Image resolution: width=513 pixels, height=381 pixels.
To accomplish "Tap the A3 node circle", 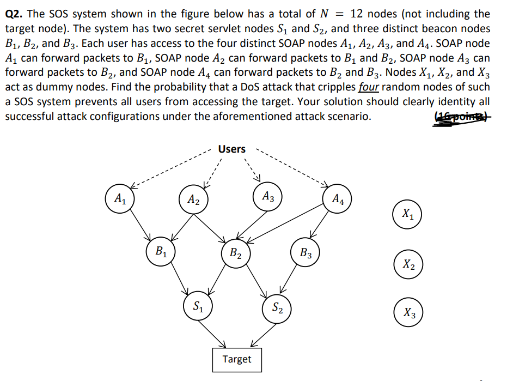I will click(x=267, y=196).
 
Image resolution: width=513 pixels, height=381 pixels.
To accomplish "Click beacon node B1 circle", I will click(x=161, y=252).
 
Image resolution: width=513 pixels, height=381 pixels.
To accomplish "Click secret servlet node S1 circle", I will click(x=198, y=305).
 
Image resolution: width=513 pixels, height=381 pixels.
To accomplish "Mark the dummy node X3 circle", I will click(x=409, y=312).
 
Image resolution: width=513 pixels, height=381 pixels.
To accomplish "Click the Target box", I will click(x=237, y=359).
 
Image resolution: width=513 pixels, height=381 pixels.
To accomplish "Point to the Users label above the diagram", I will click(x=232, y=149).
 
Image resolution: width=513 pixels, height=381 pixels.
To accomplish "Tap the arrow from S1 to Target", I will click(x=216, y=333).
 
